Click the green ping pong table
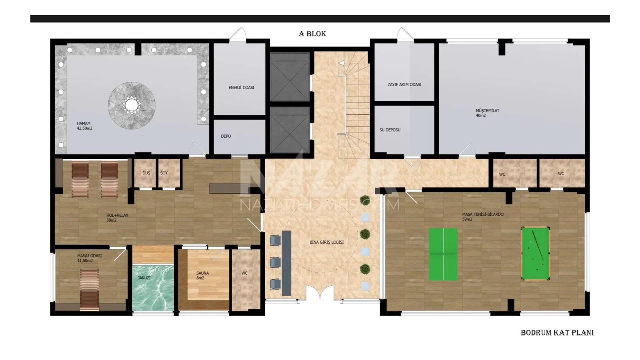(443, 254)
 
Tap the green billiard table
(536, 254)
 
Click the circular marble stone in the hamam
(132, 106)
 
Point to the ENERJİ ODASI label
(241, 88)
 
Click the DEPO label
(226, 136)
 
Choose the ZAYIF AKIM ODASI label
(404, 84)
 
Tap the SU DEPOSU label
(390, 130)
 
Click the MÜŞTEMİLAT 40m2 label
(487, 113)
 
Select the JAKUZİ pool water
(153, 288)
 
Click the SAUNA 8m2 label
(202, 276)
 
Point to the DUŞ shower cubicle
(146, 173)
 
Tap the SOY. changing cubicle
(169, 173)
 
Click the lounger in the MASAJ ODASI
(90, 289)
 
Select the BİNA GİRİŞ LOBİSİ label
(326, 242)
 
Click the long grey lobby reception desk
(286, 263)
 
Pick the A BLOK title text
(312, 34)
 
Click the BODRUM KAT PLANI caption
(557, 332)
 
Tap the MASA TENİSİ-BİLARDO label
(482, 216)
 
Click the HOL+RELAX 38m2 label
(117, 218)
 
